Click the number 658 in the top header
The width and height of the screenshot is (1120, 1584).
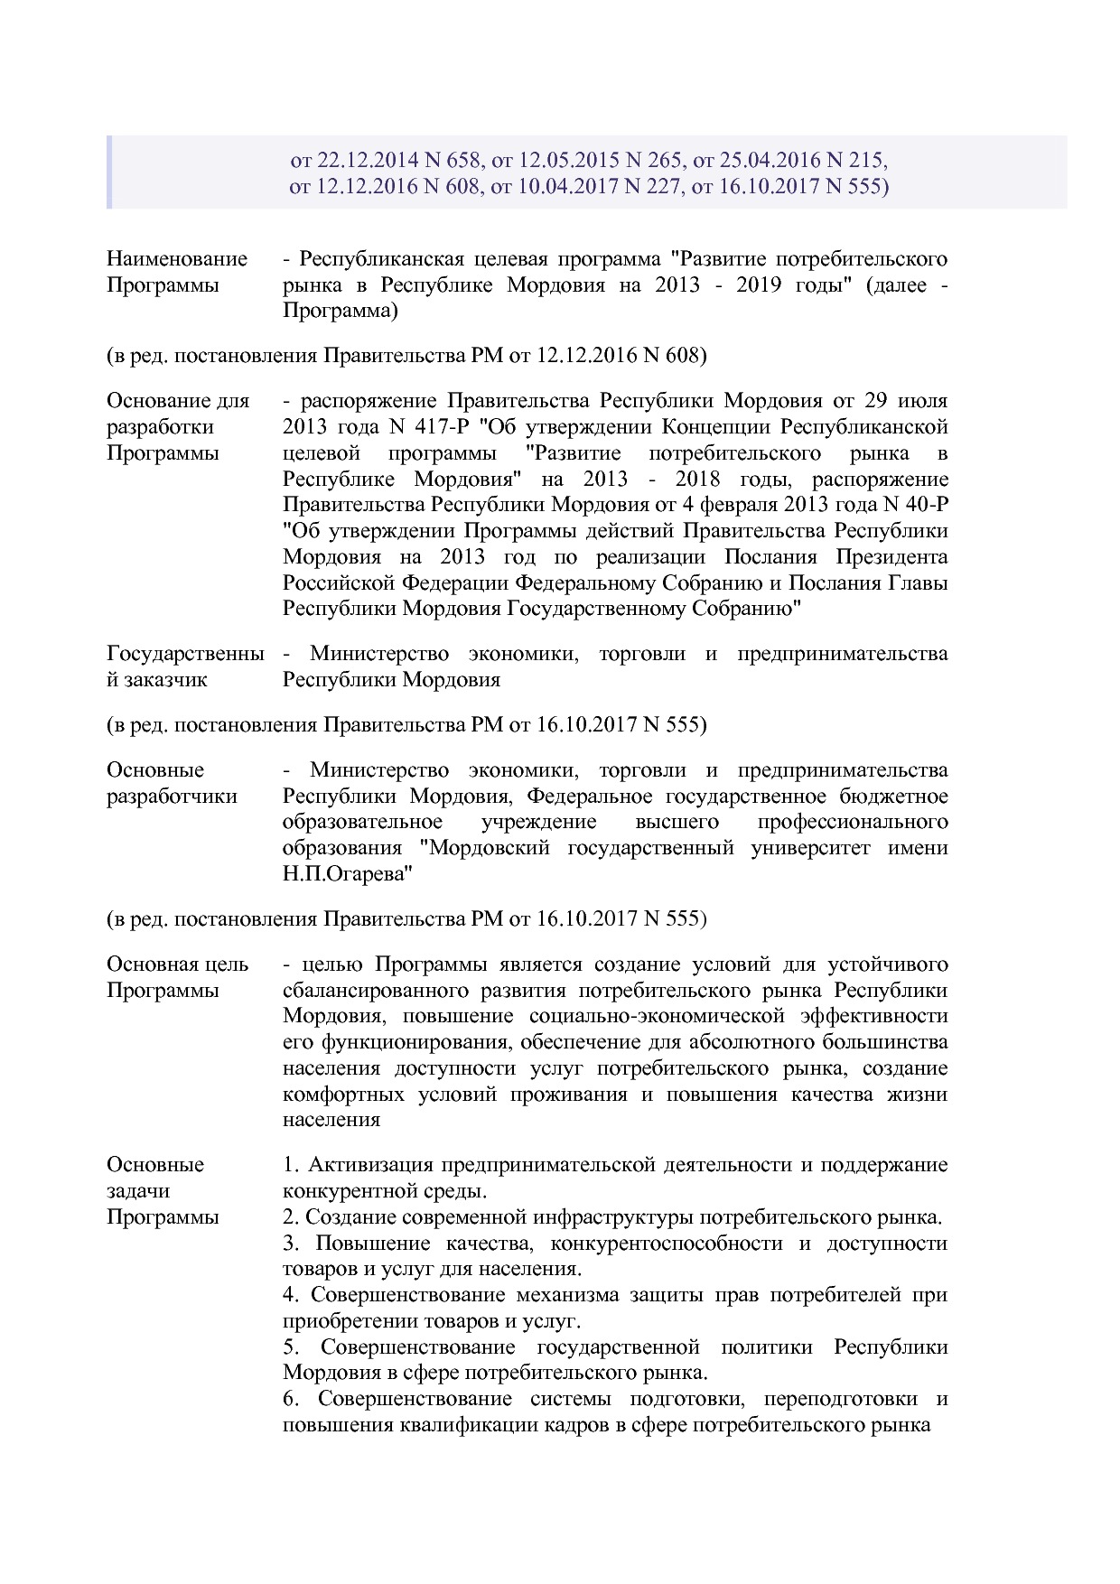(x=462, y=161)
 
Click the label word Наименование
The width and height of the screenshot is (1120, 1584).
(x=177, y=259)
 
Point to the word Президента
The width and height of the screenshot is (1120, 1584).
(x=891, y=556)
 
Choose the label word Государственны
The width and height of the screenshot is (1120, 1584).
(x=185, y=653)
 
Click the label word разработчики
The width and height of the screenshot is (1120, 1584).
(x=172, y=797)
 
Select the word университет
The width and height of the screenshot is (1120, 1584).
(x=810, y=848)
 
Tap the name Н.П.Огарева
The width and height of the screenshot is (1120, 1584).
(x=348, y=874)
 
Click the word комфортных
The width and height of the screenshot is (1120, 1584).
(x=342, y=1095)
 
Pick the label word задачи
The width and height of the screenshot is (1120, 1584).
(x=138, y=1191)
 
